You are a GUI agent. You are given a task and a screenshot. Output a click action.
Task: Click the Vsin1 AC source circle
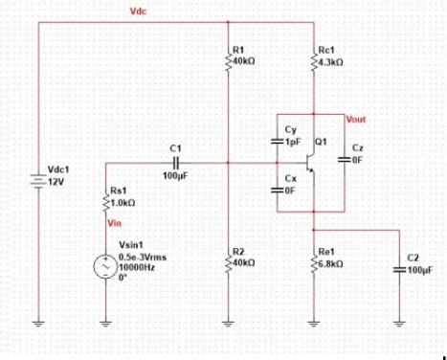[x=104, y=267]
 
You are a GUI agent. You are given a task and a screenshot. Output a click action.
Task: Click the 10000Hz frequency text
[x=134, y=270]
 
